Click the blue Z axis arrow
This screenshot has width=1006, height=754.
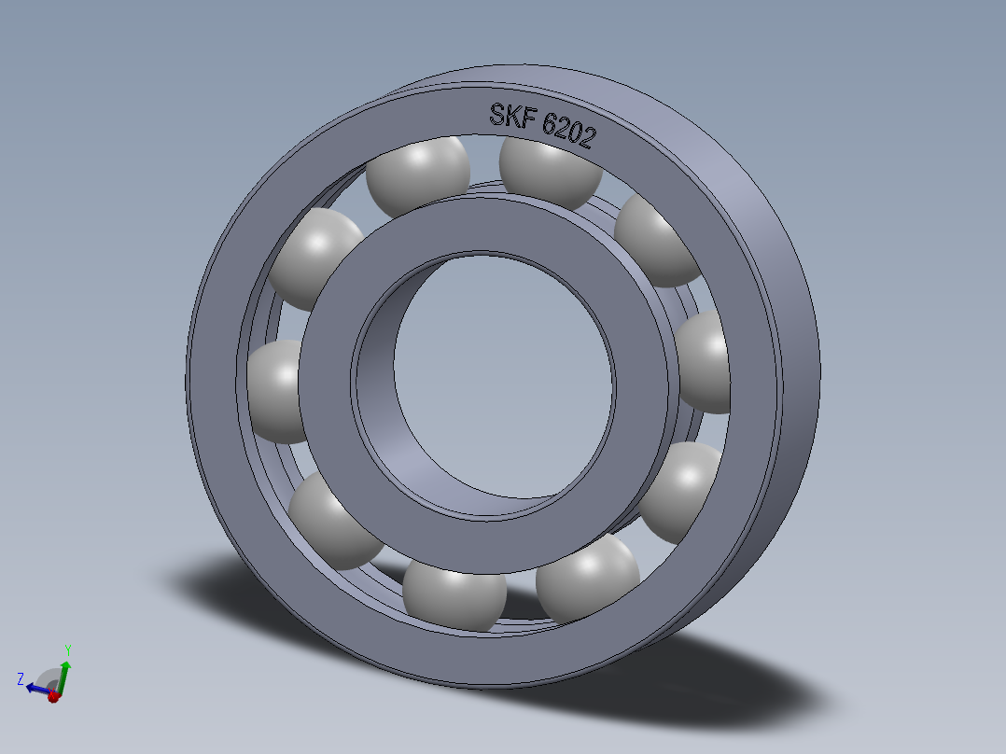pyautogui.click(x=35, y=689)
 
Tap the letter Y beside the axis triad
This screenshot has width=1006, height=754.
pyautogui.click(x=68, y=649)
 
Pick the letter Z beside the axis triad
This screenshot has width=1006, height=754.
pyautogui.click(x=20, y=678)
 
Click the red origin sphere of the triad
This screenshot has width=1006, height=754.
pyautogui.click(x=53, y=696)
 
